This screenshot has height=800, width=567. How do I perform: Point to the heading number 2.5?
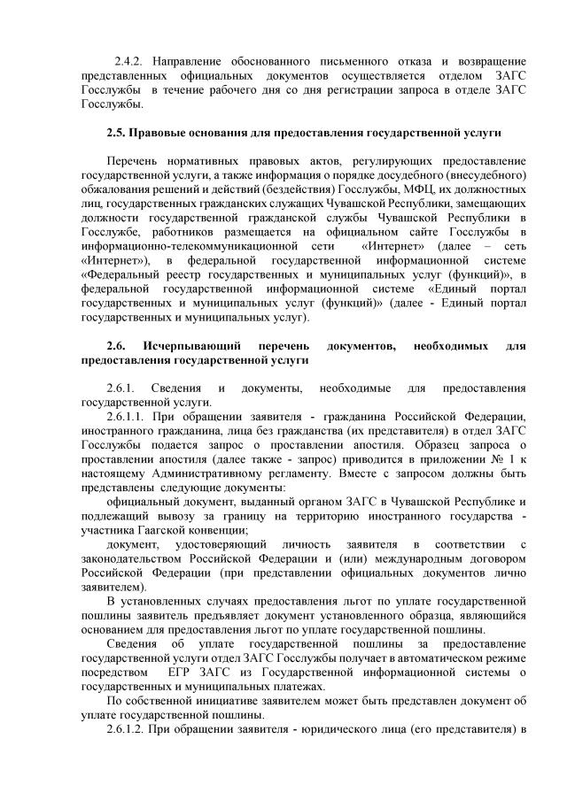point(116,133)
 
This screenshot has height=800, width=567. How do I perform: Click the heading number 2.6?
point(116,345)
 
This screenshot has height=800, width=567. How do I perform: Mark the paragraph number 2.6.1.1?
point(125,416)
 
